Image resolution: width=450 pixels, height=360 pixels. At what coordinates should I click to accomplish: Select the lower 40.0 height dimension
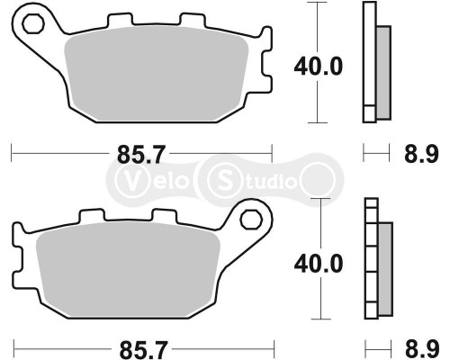click(319, 264)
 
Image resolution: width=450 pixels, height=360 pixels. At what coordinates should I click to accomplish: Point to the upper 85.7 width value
click(139, 155)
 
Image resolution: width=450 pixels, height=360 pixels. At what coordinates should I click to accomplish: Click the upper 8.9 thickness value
click(424, 155)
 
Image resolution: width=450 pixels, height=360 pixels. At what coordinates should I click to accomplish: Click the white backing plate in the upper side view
click(368, 63)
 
